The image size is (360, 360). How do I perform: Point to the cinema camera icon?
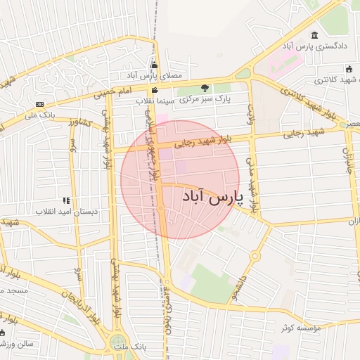coord(155,90)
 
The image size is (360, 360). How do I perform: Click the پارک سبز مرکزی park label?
coord(205,98)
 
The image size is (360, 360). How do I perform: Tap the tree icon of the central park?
coord(205,87)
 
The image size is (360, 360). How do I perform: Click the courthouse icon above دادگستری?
coord(314,35)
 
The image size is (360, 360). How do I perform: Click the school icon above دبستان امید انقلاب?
coord(66,200)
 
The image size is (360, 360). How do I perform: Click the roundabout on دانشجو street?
coord(255,256)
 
